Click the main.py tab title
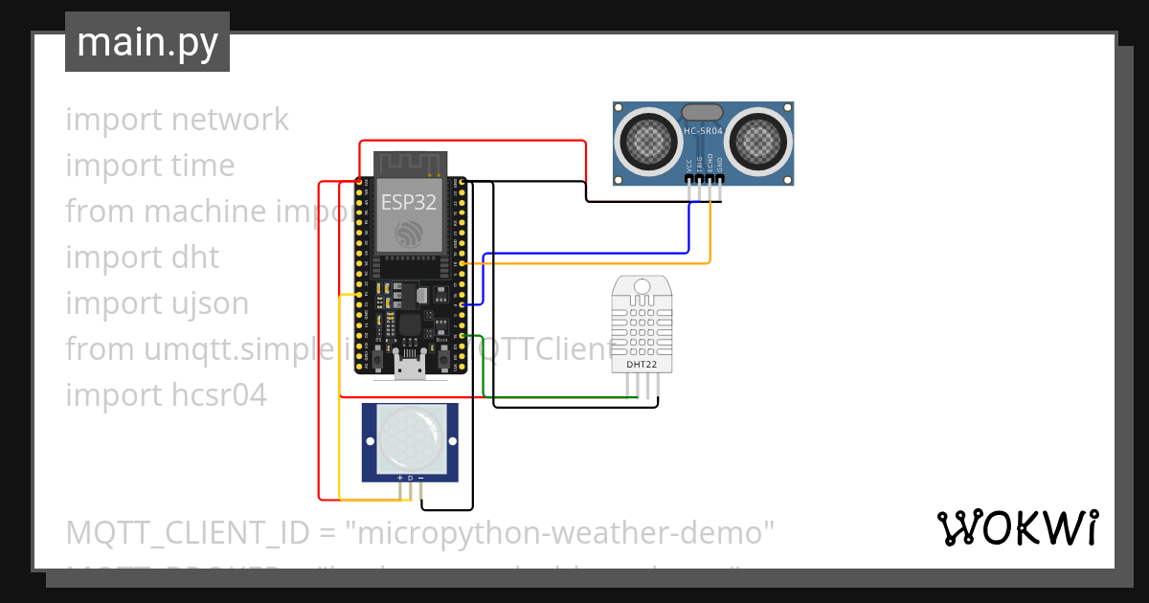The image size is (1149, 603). (146, 42)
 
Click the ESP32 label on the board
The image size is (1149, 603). (409, 202)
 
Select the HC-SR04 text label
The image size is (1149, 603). (704, 130)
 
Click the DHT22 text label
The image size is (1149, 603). (642, 364)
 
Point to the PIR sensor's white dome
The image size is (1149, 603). (410, 441)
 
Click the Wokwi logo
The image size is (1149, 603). (1016, 527)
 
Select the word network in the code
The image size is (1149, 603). (230, 120)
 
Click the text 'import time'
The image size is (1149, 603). (149, 166)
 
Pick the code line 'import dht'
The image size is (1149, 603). (142, 257)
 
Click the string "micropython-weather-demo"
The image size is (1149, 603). (564, 531)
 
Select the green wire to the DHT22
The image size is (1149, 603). (555, 397)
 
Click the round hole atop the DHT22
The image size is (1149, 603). (642, 285)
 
